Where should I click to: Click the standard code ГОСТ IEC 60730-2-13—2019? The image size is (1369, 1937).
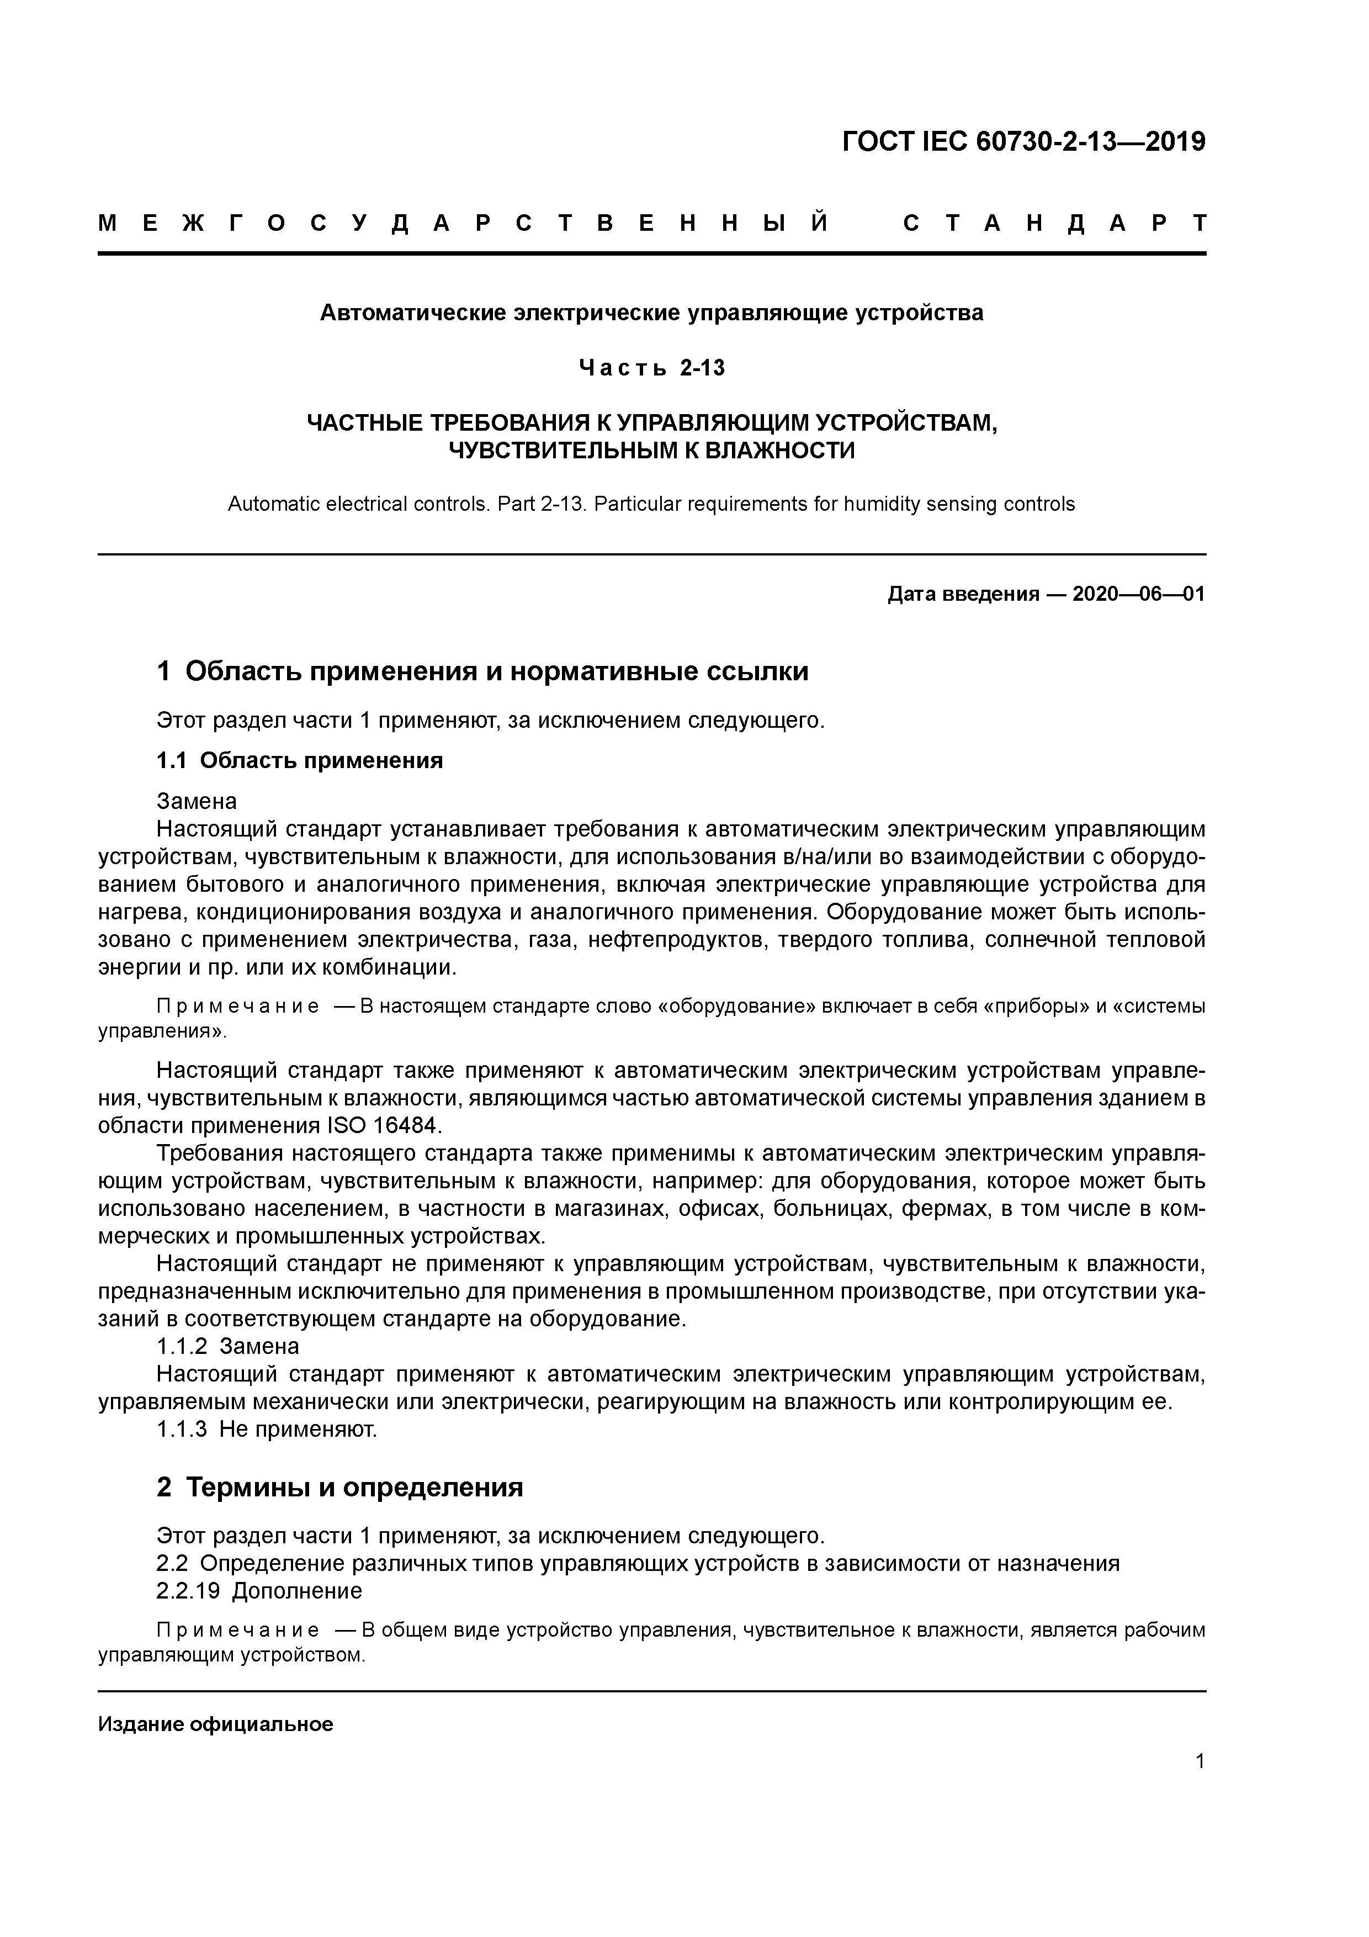1023,142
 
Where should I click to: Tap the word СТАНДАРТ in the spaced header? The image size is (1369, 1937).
1054,224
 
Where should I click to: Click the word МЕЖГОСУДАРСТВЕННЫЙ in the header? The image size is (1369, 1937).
463,224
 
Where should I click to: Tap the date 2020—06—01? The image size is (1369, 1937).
1139,595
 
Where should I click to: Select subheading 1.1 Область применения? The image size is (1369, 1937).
299,761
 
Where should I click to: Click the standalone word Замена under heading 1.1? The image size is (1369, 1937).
197,801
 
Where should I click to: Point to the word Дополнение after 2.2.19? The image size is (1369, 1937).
297,1591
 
